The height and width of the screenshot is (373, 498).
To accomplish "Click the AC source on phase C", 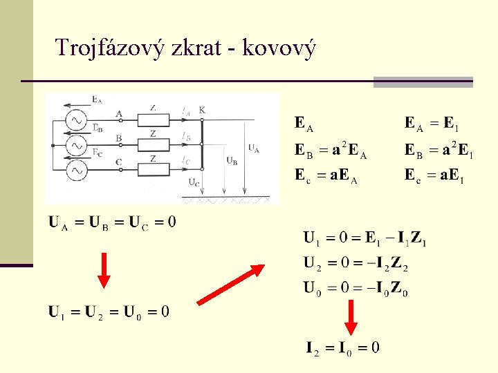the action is tap(75, 169).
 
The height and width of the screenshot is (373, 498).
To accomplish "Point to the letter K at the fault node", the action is tap(202, 110).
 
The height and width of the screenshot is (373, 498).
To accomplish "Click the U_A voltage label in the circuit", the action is tap(254, 147).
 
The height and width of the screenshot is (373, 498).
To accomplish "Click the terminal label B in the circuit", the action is tap(119, 138).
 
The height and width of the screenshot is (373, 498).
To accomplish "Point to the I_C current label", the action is tap(186, 162).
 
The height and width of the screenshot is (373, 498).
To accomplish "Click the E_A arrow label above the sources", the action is tap(97, 99).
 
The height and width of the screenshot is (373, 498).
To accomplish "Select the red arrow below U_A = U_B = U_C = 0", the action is tap(104, 269).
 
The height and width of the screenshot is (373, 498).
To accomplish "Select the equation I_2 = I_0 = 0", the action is tap(342, 347).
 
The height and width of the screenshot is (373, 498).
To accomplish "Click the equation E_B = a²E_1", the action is tap(439, 151).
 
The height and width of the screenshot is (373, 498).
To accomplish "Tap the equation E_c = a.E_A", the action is tap(326, 175).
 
